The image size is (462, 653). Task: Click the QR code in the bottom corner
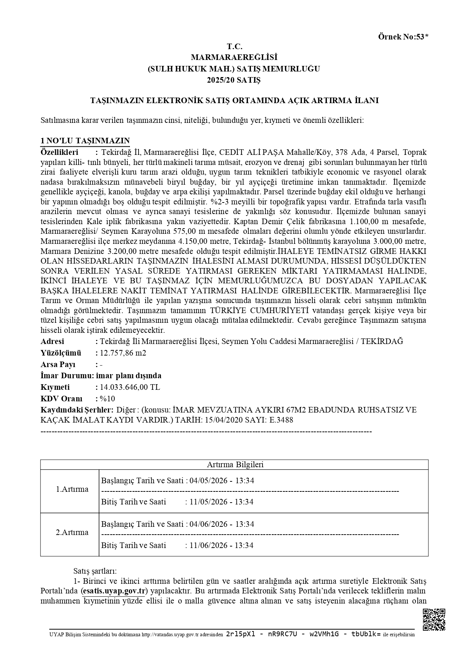click(x=434, y=619)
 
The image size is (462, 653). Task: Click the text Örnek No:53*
click(x=403, y=36)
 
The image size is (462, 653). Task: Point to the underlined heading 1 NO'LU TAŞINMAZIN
click(x=85, y=141)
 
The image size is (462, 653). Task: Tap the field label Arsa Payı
click(x=58, y=364)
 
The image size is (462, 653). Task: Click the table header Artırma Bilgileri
click(x=235, y=465)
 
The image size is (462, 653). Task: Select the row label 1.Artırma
click(x=72, y=489)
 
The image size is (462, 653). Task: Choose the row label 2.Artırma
click(x=72, y=532)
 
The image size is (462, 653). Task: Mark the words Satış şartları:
click(x=95, y=571)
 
